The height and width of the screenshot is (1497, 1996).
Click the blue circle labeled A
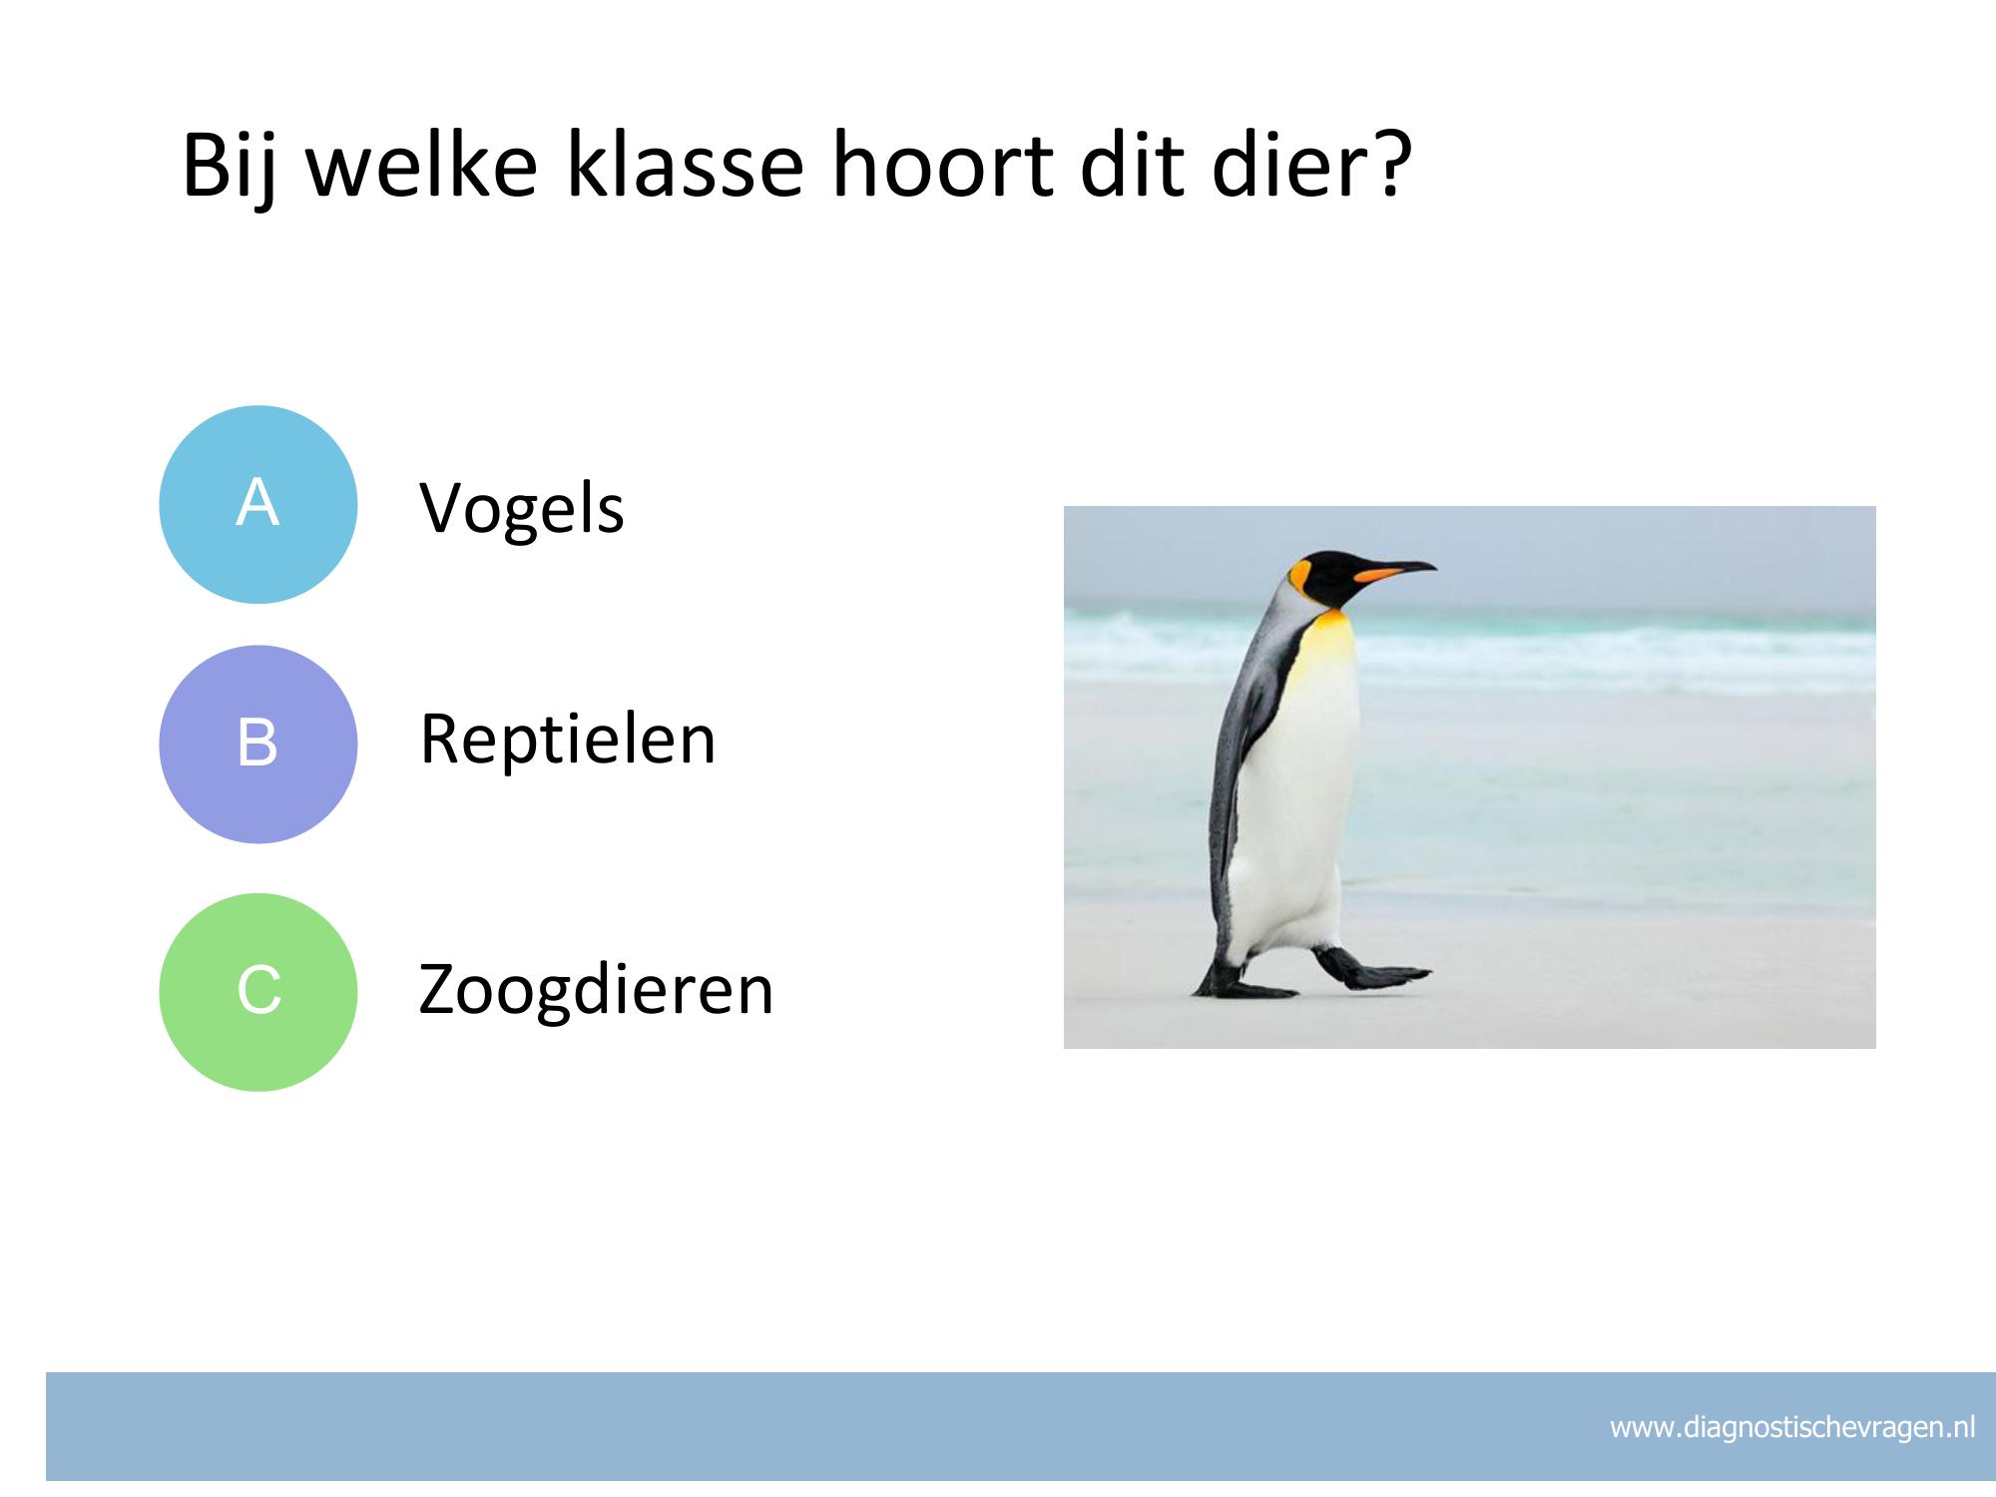tap(258, 504)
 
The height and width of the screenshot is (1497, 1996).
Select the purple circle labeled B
tap(258, 744)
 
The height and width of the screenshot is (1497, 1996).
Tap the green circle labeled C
tap(258, 992)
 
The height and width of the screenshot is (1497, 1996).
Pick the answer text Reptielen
tap(568, 742)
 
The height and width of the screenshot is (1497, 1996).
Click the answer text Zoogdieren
tap(596, 990)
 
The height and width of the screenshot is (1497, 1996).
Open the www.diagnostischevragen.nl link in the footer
tap(1792, 1428)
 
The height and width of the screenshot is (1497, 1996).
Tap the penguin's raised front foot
tap(1371, 970)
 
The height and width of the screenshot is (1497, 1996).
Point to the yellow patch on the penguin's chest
tap(1332, 639)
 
